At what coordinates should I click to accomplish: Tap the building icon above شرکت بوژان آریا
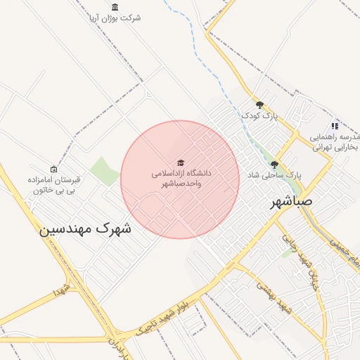[115, 7]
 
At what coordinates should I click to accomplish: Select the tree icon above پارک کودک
[259, 104]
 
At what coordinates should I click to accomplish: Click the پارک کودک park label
[256, 114]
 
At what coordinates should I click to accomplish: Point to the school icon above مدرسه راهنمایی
[335, 126]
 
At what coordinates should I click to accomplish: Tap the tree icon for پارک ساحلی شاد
[274, 165]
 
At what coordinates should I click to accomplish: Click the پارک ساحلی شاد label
[274, 174]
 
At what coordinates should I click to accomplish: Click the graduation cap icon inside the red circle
[180, 163]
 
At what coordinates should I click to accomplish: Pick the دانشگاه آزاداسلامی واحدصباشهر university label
[180, 178]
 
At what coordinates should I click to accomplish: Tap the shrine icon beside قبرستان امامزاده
[53, 169]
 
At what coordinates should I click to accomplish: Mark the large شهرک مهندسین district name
[84, 229]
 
